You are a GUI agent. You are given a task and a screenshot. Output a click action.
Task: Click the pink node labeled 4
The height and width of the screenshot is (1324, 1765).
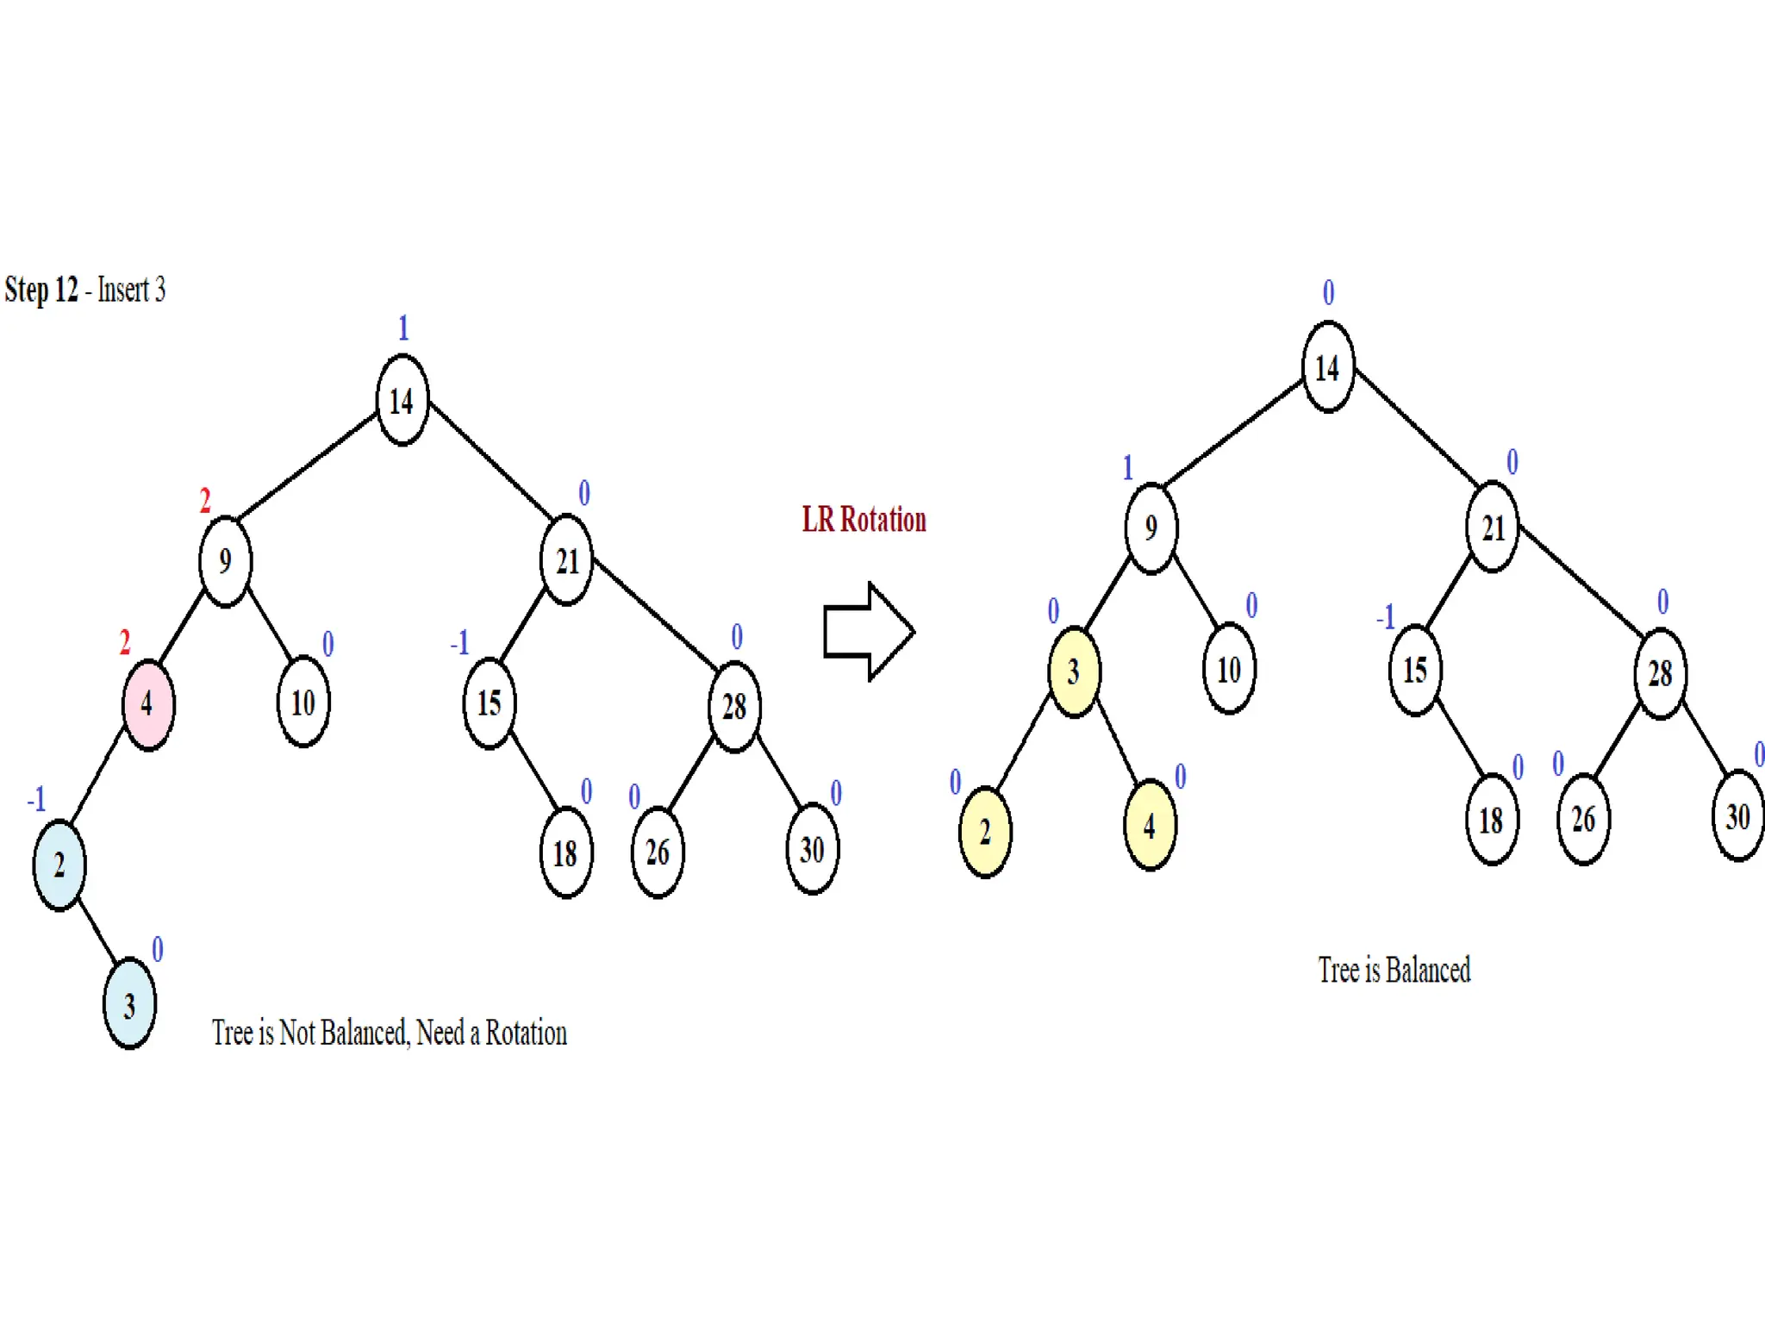[x=148, y=704]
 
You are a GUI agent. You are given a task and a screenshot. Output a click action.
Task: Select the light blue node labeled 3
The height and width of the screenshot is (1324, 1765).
[x=129, y=1004]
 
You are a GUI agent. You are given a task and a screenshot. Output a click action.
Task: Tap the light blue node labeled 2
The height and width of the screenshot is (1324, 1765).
[x=59, y=865]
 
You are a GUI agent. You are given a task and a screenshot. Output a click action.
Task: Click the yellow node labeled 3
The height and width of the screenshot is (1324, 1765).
[x=1073, y=671]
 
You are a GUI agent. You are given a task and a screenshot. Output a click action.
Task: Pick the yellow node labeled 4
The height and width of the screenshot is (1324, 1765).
[x=1150, y=826]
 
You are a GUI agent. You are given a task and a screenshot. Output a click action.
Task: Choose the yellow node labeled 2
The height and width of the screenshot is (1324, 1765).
[x=984, y=832]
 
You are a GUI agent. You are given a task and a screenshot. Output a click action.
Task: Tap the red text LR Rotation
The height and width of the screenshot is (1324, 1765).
[x=864, y=520]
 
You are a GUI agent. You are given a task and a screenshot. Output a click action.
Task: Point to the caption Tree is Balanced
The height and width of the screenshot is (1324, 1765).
[x=1394, y=971]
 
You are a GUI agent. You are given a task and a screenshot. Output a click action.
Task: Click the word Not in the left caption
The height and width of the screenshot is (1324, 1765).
[x=297, y=1033]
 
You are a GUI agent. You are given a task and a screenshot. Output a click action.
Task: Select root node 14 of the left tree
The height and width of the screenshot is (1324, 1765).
[x=402, y=401]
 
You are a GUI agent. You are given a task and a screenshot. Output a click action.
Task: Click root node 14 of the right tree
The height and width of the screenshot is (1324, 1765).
[x=1327, y=368]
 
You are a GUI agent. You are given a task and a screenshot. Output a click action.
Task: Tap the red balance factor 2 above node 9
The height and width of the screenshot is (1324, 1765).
[x=205, y=501]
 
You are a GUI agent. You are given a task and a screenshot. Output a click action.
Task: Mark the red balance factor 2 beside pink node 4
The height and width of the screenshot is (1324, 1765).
[x=125, y=642]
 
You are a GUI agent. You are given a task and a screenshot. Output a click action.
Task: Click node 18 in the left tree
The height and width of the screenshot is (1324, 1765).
[x=565, y=853]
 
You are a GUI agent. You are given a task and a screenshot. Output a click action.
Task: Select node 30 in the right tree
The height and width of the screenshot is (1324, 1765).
[x=1737, y=816]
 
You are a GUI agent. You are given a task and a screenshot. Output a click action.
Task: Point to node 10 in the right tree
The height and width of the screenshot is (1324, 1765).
[x=1228, y=670]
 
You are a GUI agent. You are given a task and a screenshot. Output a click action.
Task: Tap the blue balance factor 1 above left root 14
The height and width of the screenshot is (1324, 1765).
[x=402, y=328]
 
